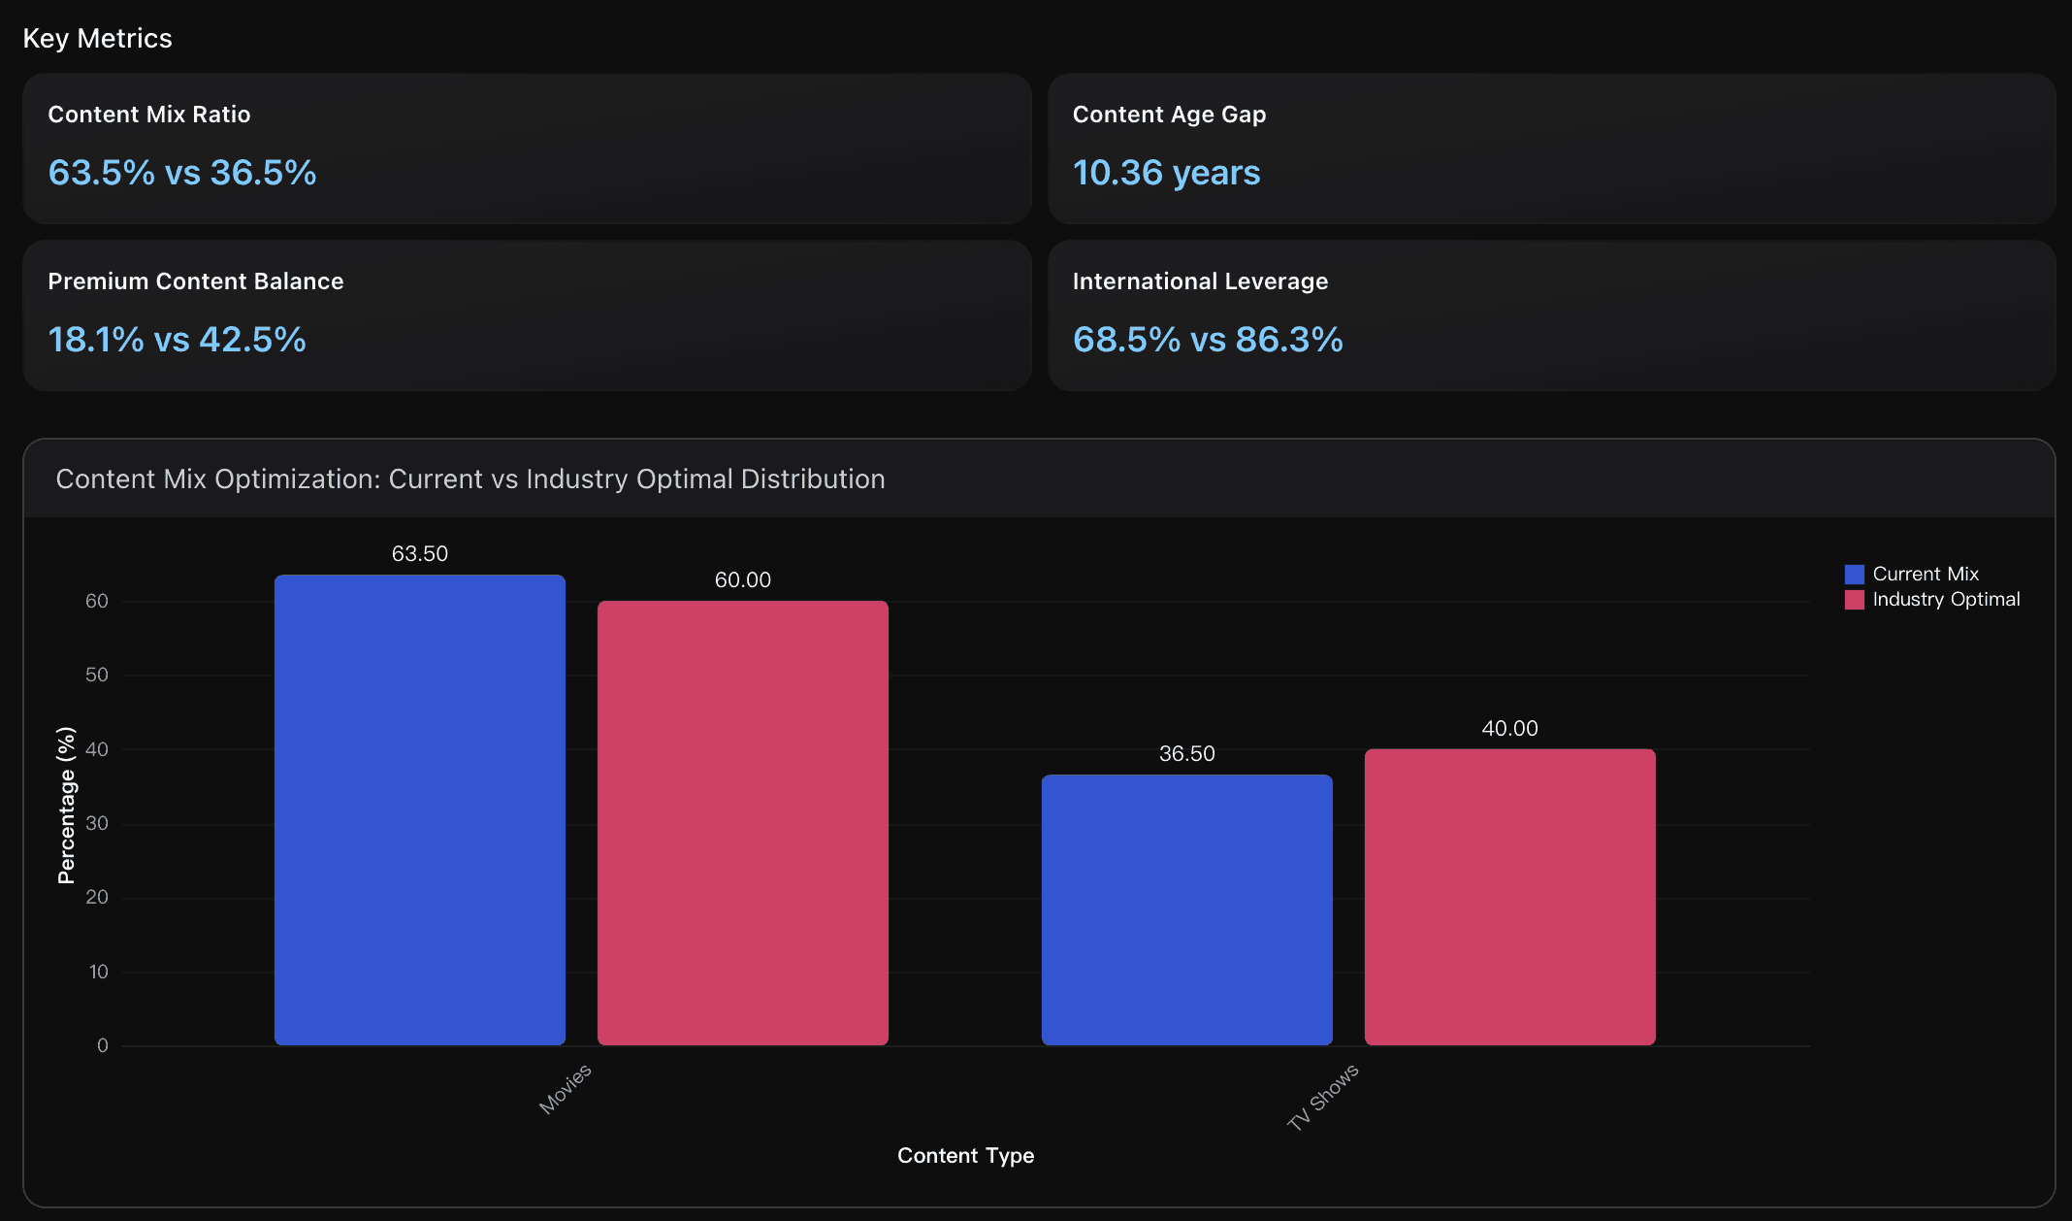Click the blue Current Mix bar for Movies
pyautogui.click(x=419, y=809)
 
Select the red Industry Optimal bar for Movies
pyautogui.click(x=742, y=822)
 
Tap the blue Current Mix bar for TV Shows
pyautogui.click(x=1186, y=909)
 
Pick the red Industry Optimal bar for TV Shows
pyautogui.click(x=1509, y=897)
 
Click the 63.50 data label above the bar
pyautogui.click(x=419, y=553)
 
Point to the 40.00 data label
pyautogui.click(x=1509, y=728)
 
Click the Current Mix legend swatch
pyautogui.click(x=1854, y=574)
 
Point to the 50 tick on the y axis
pyautogui.click(x=97, y=675)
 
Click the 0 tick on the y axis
pyautogui.click(x=102, y=1045)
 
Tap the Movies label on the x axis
pyautogui.click(x=566, y=1088)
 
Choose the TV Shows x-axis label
pyautogui.click(x=1323, y=1097)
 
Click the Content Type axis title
pyautogui.click(x=965, y=1155)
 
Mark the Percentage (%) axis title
pyautogui.click(x=66, y=805)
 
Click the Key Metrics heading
pyautogui.click(x=97, y=38)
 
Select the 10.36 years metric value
pyautogui.click(x=1166, y=173)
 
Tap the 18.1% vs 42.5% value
pyautogui.click(x=177, y=340)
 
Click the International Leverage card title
pyautogui.click(x=1200, y=280)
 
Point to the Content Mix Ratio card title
pyautogui.click(x=149, y=114)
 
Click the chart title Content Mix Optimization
pyautogui.click(x=470, y=478)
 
